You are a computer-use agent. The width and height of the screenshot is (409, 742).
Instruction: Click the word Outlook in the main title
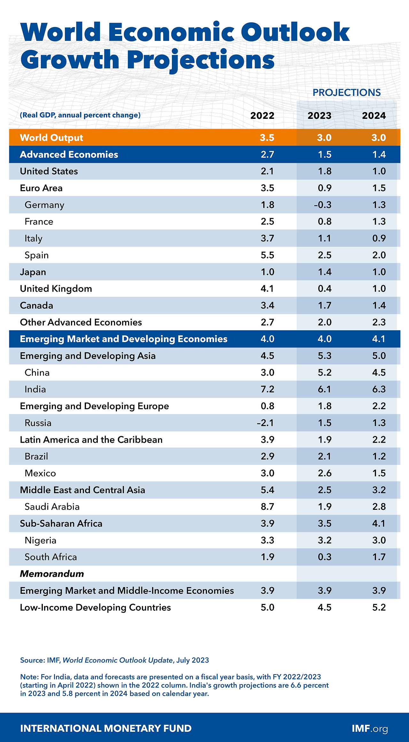(295, 32)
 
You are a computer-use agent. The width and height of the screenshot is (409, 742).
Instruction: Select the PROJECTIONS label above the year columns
(346, 93)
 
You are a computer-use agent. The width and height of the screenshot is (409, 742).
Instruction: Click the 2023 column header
(319, 116)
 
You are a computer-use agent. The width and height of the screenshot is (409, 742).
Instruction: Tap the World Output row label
(51, 138)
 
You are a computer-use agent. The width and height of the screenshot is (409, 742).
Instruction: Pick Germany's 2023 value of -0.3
(322, 205)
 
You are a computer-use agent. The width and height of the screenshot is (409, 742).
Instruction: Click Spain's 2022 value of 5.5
(267, 255)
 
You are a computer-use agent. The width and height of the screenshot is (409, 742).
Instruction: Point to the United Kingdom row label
(56, 289)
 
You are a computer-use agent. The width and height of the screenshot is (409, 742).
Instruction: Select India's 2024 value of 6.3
(379, 389)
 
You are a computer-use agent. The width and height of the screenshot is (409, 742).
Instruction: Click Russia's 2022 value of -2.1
(265, 423)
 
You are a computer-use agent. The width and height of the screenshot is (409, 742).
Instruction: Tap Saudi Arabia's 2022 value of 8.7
(267, 507)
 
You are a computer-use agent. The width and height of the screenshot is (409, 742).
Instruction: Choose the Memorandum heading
(52, 574)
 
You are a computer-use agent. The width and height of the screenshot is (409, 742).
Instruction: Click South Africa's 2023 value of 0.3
(324, 557)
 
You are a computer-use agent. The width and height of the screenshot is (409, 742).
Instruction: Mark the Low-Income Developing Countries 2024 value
(379, 607)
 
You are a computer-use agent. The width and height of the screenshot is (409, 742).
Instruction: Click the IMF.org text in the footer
(370, 728)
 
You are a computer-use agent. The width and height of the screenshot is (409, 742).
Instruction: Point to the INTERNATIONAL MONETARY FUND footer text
(106, 728)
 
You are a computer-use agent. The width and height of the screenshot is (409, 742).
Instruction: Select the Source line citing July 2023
(114, 660)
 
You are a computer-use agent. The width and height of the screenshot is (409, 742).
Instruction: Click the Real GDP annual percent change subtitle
(80, 115)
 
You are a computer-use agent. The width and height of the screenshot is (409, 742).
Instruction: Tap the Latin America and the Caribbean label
(91, 440)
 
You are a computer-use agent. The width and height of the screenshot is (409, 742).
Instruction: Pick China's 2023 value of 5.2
(324, 373)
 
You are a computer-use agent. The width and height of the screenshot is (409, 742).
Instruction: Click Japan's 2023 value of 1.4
(324, 272)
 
